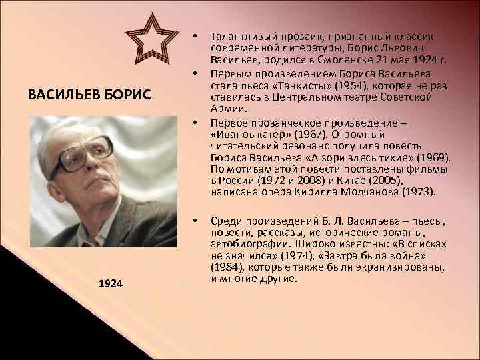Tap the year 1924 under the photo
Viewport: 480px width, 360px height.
[110, 284]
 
